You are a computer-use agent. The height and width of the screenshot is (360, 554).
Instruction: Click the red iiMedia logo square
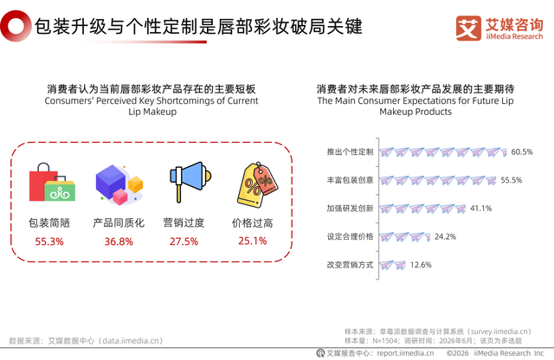468,29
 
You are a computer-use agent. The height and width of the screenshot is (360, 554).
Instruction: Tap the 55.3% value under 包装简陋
49,241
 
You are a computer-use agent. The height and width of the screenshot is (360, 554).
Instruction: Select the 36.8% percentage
119,241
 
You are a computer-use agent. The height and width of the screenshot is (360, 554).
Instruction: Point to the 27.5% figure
184,241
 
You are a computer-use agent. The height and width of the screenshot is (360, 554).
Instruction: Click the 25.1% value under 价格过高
252,241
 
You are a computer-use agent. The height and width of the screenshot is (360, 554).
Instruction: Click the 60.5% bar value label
522,152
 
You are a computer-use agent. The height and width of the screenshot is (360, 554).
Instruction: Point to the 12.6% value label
421,265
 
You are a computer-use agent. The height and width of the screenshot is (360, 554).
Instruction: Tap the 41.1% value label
481,209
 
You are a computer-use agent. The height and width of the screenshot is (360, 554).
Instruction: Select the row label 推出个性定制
350,152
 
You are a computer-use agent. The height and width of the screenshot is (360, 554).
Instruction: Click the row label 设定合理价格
350,237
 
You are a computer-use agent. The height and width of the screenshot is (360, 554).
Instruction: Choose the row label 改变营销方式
350,265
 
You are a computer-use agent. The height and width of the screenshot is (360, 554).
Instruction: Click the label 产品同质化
119,223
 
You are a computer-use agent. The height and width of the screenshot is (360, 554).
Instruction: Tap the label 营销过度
184,223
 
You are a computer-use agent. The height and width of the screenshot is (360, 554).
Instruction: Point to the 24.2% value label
445,237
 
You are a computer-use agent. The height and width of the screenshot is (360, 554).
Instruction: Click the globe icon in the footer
320,353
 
